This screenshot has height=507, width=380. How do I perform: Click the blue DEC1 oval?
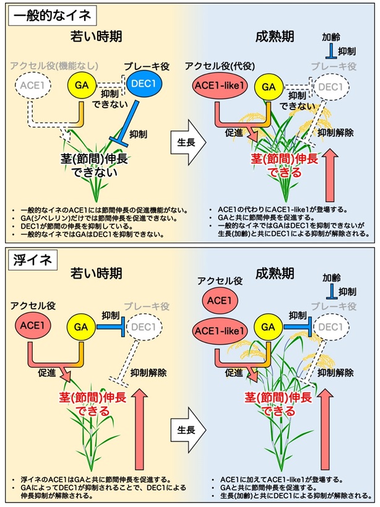[x=144, y=84]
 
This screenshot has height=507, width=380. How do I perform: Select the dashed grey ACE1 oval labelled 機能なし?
[x=33, y=85]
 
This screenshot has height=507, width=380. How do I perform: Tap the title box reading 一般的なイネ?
[x=53, y=15]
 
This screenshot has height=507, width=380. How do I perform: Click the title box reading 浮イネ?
[x=33, y=259]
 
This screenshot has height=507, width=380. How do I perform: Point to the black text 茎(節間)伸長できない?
[x=94, y=165]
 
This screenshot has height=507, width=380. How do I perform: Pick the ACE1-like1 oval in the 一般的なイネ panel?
[x=220, y=86]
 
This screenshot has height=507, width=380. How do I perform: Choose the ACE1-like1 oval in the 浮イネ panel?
[x=220, y=331]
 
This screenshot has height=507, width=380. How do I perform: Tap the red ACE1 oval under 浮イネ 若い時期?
[x=33, y=325]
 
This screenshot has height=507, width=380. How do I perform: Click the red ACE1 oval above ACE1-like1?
[x=220, y=300]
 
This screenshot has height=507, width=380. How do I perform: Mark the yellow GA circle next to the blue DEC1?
[x=82, y=85]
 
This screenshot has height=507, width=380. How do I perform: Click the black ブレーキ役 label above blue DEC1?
[x=147, y=66]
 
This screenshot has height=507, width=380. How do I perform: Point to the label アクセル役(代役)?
[x=220, y=66]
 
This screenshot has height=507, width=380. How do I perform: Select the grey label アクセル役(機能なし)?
[x=54, y=66]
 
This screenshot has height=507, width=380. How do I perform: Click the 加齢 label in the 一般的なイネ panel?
[x=331, y=37]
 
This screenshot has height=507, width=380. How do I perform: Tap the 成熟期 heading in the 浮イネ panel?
[x=275, y=274]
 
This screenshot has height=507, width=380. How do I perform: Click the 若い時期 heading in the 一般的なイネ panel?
[x=97, y=36]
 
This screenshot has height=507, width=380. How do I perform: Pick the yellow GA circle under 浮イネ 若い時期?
[x=82, y=327]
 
